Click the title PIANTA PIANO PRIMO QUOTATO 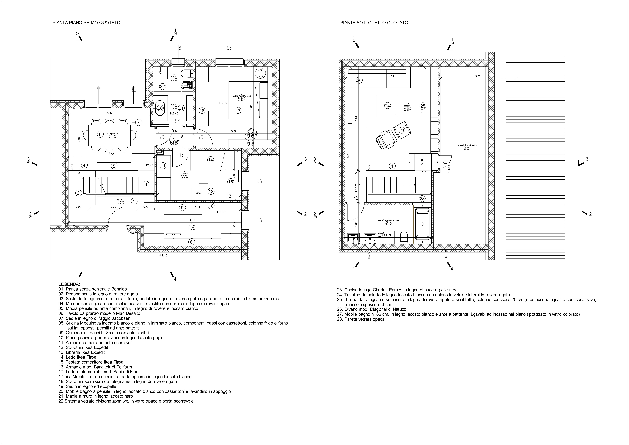tap(86, 23)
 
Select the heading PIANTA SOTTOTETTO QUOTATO tap(374, 23)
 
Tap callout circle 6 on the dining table tap(100, 134)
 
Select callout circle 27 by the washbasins tap(381, 235)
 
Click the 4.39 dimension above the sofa tap(391, 76)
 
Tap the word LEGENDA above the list tap(69, 284)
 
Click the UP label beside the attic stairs tap(357, 185)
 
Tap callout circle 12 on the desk tap(211, 192)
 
